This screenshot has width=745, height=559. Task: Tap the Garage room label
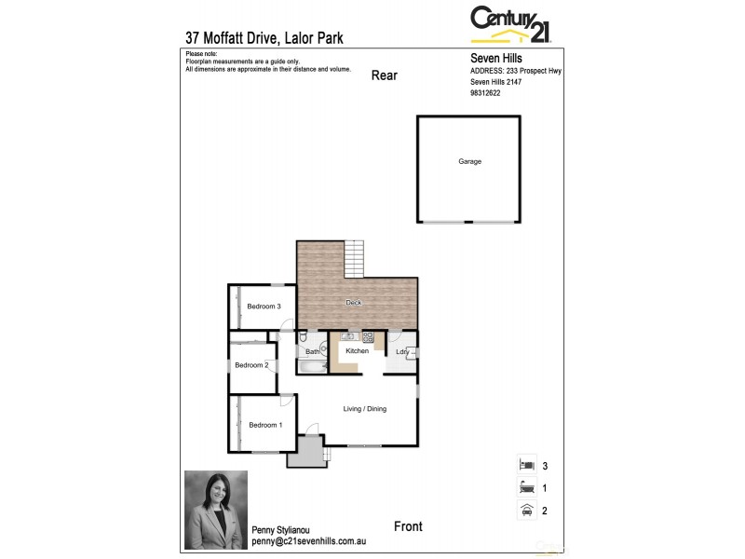pos(469,161)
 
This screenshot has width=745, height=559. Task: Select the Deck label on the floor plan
pos(353,303)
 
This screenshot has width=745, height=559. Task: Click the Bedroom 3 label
pos(264,307)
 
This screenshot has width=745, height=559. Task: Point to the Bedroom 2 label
pos(251,365)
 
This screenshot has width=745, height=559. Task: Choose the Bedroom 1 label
pos(264,425)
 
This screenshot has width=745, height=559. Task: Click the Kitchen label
pos(357,351)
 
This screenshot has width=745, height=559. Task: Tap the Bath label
pos(311,352)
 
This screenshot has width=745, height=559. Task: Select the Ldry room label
pos(401,352)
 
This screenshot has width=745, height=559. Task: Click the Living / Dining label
pos(364,409)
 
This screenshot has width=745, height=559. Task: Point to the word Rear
pos(384,75)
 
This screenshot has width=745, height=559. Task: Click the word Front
pos(408,527)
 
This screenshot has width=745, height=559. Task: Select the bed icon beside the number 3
pos(526,464)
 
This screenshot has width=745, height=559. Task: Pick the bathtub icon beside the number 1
pos(526,486)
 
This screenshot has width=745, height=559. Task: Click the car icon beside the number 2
pos(526,509)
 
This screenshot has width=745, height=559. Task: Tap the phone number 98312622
pos(485,93)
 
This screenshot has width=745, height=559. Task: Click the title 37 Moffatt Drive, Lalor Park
pos(264,38)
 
